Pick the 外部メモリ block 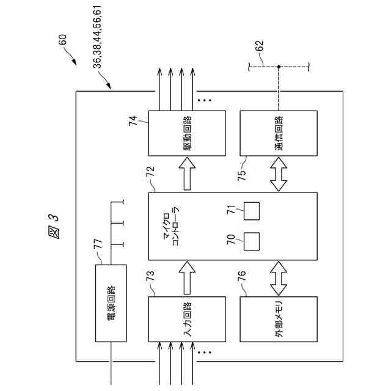coord(279,320)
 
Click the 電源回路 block coord(111,304)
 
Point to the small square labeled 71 coord(252,211)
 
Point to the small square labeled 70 coord(252,241)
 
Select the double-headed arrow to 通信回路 coord(279,175)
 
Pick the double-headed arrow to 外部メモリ coord(279,278)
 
